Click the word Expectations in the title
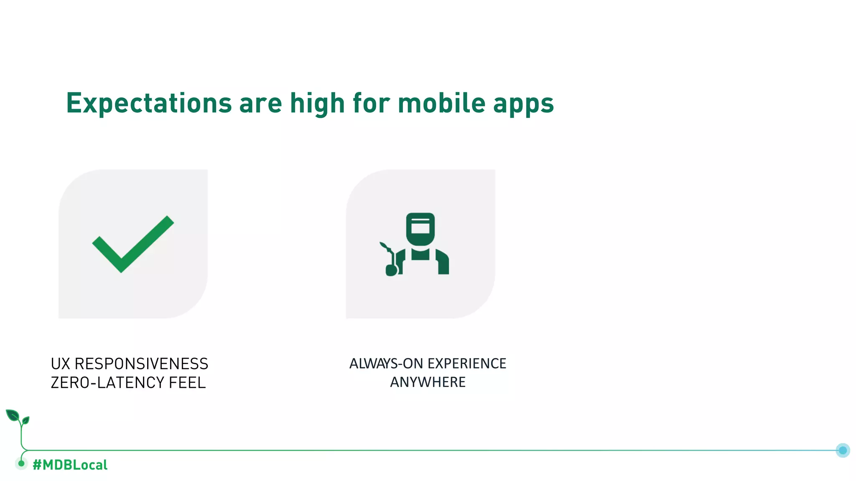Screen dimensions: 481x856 [x=149, y=104]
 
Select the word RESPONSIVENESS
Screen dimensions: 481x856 [x=141, y=364]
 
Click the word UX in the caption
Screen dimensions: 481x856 [x=60, y=364]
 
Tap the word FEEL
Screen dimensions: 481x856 [x=187, y=382]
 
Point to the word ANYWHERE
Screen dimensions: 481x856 [x=428, y=382]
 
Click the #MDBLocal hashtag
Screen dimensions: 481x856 [x=70, y=465]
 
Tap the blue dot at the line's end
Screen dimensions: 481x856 [x=843, y=450]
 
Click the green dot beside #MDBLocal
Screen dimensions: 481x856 [x=21, y=463]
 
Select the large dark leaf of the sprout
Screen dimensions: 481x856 [x=12, y=415]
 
